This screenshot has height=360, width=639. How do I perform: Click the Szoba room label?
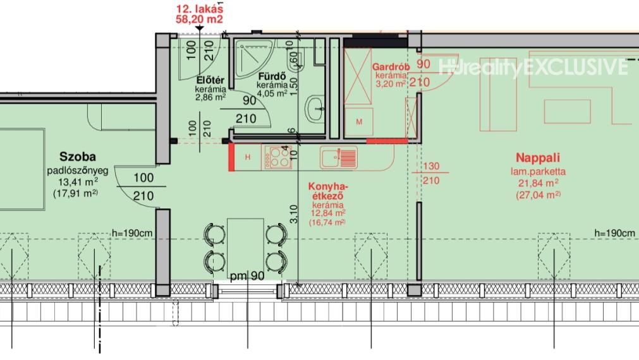coord(78,157)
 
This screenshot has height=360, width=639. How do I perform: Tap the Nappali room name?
coord(538,158)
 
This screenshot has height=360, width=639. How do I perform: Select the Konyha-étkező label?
coord(328,191)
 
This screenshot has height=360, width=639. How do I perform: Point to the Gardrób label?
coord(391,66)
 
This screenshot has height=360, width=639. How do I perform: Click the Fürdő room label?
coord(272,76)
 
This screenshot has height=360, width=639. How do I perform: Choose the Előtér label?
coord(210,80)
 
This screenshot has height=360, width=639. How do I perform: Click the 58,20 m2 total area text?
coord(199,19)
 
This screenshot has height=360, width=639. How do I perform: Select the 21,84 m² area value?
coord(538,183)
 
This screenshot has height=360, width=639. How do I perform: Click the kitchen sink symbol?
coord(338,157)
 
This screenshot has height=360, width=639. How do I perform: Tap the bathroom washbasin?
coord(315,109)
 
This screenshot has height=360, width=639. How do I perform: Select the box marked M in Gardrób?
coord(358,121)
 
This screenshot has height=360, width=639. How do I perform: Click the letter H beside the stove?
coord(248,157)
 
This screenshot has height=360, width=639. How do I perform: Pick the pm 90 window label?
coord(247,276)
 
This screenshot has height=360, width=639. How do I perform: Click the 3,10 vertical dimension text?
coord(293,214)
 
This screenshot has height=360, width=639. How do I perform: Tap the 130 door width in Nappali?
coord(431,166)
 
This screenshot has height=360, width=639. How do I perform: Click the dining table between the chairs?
coord(245,248)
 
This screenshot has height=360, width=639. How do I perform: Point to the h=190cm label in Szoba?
coord(133,233)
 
